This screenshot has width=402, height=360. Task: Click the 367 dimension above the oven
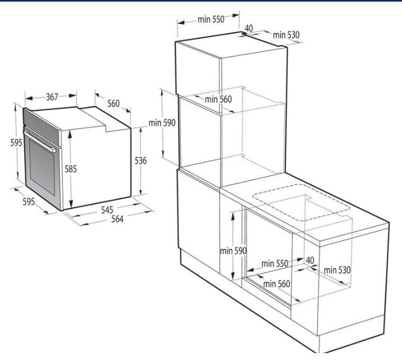click(52, 97)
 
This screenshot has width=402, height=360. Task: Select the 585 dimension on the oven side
click(71, 169)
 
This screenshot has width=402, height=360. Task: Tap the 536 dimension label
click(141, 161)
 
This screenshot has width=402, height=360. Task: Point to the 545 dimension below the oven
click(107, 210)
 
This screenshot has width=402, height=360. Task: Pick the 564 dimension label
click(117, 219)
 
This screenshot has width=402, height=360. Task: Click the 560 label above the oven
click(113, 103)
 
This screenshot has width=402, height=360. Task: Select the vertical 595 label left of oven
click(16, 143)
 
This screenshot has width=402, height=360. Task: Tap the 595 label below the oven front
click(29, 201)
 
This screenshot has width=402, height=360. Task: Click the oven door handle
click(39, 141)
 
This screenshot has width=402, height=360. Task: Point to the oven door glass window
click(42, 167)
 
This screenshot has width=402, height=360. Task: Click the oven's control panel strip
click(42, 126)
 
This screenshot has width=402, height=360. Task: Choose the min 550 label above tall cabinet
click(211, 19)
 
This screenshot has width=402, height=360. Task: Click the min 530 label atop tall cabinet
click(286, 35)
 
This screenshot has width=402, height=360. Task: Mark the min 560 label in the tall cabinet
click(218, 99)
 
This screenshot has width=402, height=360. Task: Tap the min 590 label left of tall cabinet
click(162, 122)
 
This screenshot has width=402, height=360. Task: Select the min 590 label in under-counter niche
click(233, 251)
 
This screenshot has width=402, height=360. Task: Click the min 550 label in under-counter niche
click(275, 264)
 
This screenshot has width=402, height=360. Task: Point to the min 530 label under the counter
click(337, 270)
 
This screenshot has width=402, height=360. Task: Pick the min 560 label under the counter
click(277, 284)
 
